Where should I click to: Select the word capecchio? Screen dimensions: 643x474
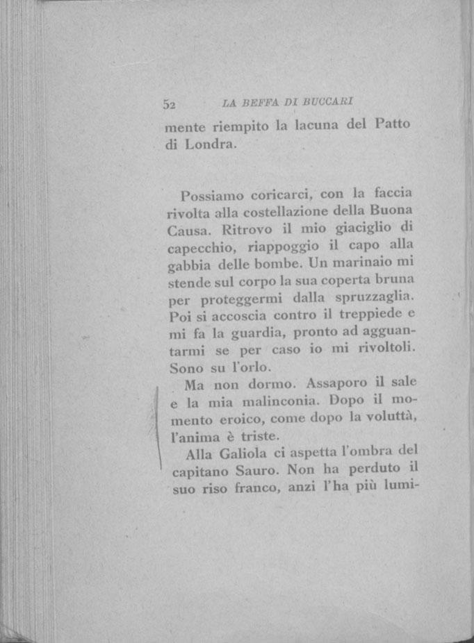[202, 247]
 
